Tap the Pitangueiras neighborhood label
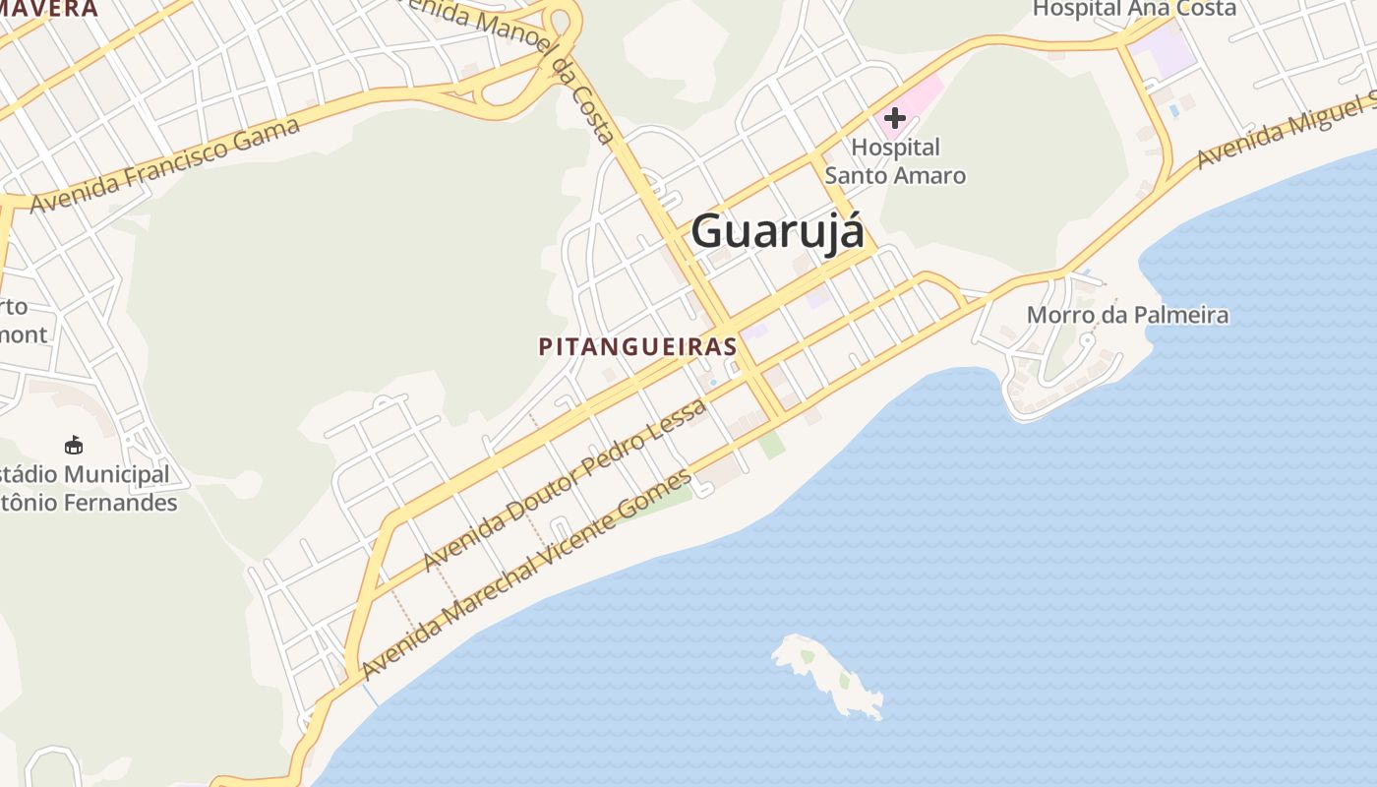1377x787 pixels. pos(637,346)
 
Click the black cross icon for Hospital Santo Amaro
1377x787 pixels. pos(894,119)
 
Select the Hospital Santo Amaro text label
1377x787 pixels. pos(895,162)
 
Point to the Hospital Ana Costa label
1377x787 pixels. pos(1134,10)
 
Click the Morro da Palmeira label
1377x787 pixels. pos(1127,315)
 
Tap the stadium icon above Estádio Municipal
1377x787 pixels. pos(74,446)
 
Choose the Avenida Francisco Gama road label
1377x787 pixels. pos(165,164)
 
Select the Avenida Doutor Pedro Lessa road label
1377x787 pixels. pos(565,484)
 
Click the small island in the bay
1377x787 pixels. pos(828,674)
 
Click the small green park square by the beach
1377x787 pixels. pos(772,444)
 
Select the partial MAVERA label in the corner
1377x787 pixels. pos(49,10)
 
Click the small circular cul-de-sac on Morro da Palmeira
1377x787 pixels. pos(1087,339)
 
